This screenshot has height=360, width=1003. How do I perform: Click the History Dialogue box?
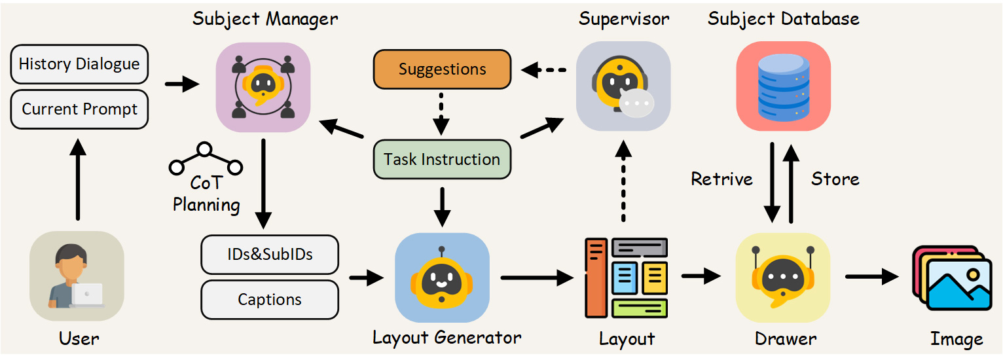[79, 64]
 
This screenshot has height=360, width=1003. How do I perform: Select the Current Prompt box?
[79, 109]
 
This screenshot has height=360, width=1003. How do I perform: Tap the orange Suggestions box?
[442, 69]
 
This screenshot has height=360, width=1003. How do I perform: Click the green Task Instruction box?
[442, 159]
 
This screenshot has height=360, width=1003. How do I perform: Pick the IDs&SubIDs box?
[270, 255]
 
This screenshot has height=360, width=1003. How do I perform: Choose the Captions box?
[270, 300]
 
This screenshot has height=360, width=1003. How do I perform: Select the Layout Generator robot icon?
[442, 278]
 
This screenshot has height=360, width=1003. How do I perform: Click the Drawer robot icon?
[783, 278]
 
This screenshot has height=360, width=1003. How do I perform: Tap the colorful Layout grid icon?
[626, 278]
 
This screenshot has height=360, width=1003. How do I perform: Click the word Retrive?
[722, 179]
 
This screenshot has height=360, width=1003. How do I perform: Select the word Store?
[835, 179]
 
